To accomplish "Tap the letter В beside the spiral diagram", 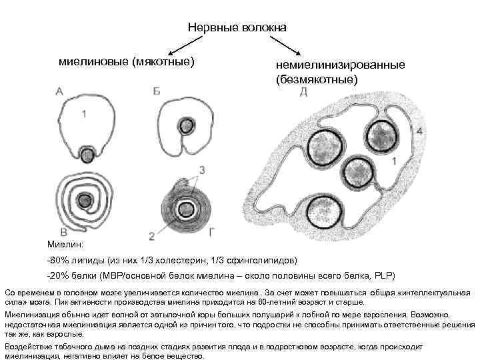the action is pos(63,231).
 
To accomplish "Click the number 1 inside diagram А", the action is pos(83,115).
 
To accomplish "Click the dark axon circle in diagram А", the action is pos(86,155).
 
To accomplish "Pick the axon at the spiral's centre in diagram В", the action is pos(85,201).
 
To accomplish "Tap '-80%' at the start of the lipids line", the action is pos(59,260).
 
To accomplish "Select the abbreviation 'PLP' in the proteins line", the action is pos(383,275).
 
